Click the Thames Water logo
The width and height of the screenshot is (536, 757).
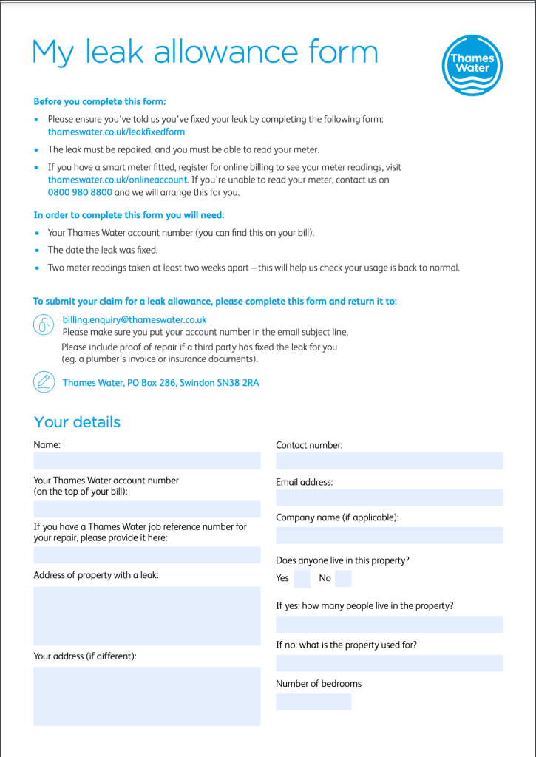472,65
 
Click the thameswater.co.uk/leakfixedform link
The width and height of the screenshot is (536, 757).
116,132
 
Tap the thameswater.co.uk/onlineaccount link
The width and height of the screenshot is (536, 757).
118,180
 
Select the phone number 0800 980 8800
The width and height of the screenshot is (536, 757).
80,192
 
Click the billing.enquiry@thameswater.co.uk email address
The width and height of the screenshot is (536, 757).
135,320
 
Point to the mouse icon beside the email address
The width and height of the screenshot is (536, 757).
44,325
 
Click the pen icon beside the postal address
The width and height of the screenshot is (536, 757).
44,381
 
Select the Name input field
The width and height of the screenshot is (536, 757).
146,461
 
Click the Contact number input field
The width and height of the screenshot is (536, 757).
389,461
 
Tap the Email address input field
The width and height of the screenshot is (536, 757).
389,498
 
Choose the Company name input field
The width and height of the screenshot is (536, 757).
389,535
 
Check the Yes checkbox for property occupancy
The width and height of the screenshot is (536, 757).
302,578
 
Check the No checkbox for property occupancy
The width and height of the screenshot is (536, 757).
343,578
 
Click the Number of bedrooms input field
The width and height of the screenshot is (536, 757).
313,702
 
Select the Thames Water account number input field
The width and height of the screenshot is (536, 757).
146,509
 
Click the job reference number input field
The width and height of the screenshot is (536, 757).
146,555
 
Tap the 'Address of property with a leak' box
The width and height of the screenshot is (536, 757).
146,616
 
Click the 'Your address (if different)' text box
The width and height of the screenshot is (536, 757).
146,696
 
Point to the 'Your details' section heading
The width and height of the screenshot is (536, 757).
77,422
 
